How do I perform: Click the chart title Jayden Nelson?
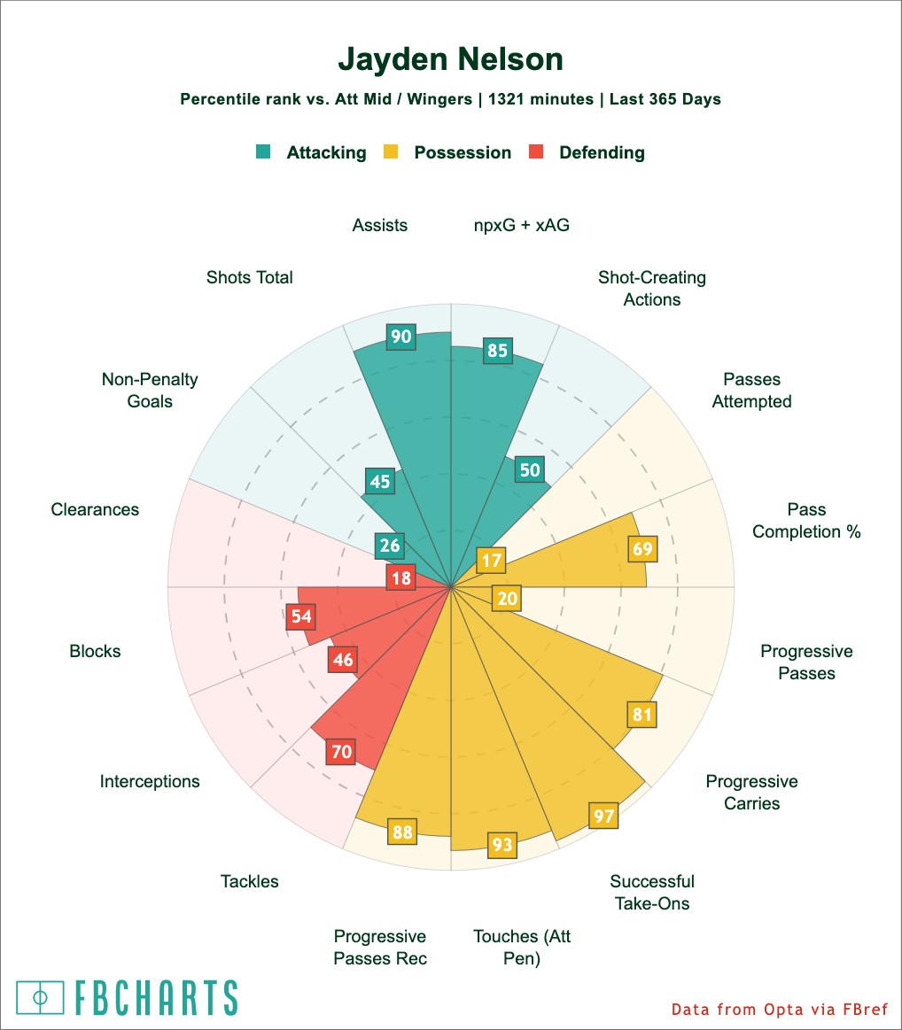[x=450, y=59]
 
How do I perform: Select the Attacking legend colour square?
[x=263, y=151]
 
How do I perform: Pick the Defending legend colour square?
[x=535, y=151]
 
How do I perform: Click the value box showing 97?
[x=603, y=815]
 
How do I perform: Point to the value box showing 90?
[x=400, y=336]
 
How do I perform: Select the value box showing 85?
[x=497, y=351]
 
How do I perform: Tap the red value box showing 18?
[x=400, y=577]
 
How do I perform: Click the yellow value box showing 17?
[x=491, y=560]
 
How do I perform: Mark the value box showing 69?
[x=642, y=549]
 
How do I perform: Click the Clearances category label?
[x=95, y=509]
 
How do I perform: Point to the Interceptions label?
[x=150, y=781]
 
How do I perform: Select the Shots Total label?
[x=250, y=277]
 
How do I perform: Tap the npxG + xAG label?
[x=522, y=225]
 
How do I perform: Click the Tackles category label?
[x=250, y=881]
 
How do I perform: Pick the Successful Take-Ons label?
[x=651, y=892]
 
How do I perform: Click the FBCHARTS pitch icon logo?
[x=41, y=997]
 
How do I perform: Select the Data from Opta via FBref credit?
[x=780, y=1009]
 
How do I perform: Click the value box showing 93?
[x=502, y=845]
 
